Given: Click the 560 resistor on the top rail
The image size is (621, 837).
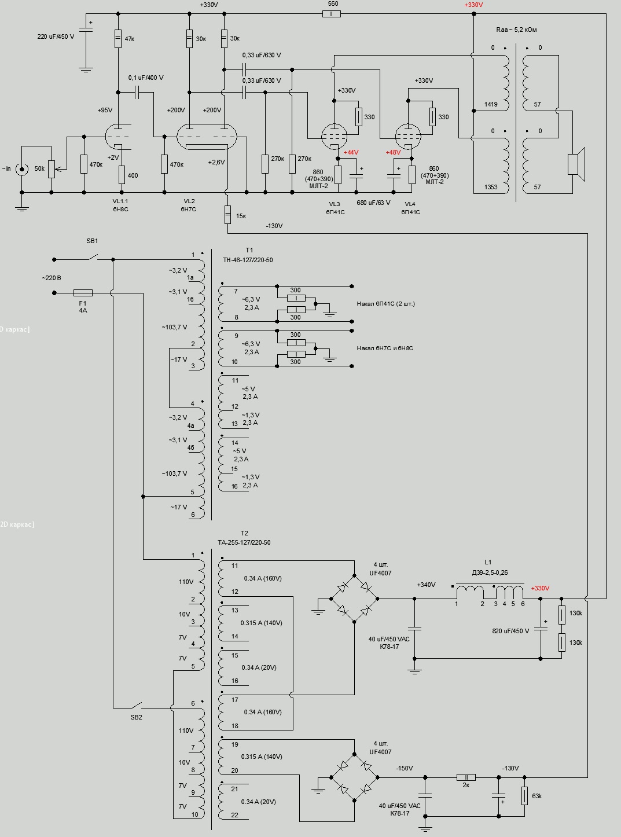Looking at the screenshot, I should coord(331,13).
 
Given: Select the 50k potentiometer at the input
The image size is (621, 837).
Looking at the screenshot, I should coord(51,169).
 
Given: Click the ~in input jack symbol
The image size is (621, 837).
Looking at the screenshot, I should coord(22,169).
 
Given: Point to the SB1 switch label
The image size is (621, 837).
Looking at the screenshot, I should coord(92,241).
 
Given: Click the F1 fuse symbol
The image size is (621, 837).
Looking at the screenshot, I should coord(83,293).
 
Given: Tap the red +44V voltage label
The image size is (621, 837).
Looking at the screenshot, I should coord(351,152).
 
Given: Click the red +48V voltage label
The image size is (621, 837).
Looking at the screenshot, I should coord(393,152).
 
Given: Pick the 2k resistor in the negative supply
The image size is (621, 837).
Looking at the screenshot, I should coord(466,777).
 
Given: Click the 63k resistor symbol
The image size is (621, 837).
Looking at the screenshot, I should coord(524,795).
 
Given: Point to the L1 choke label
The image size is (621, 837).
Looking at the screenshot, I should coord(488,562).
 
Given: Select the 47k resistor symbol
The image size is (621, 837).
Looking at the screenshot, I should coord(118,39).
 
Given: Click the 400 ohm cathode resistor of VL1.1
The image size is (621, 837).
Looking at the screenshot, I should coord(122,174).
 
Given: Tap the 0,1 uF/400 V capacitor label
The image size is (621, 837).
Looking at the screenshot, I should coord(145,78).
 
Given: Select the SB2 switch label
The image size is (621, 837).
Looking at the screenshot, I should coord(136,717).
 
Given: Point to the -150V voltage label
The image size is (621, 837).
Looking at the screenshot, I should coord(405,768).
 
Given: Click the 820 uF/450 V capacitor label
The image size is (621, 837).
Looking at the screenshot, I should coord(510,631).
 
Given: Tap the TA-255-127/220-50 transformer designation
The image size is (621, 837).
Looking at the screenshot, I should coord(244,542).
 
